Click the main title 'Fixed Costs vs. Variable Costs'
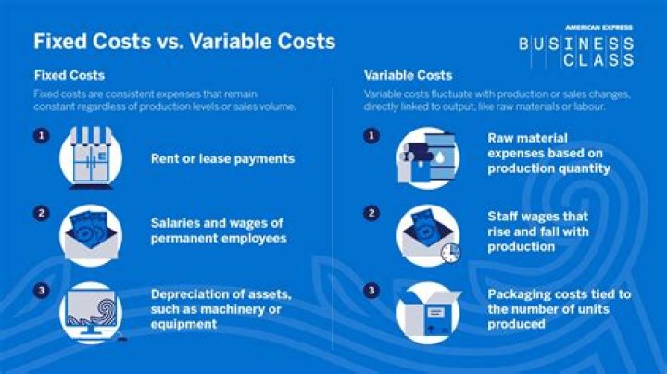[x=184, y=42]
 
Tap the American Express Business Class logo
[x=576, y=46]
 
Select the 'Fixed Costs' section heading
[x=69, y=75]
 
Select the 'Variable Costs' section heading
[x=408, y=75]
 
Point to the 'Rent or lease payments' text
[x=222, y=158]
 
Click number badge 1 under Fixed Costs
[x=41, y=136]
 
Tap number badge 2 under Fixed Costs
[x=41, y=214]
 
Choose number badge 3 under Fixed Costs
[x=41, y=291]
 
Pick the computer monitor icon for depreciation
[x=90, y=311]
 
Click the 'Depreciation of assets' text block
[x=221, y=309]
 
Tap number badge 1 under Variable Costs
[x=372, y=136]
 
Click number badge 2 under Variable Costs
[x=372, y=214]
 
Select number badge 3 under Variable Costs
[x=372, y=291]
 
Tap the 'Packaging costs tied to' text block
[x=560, y=309]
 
